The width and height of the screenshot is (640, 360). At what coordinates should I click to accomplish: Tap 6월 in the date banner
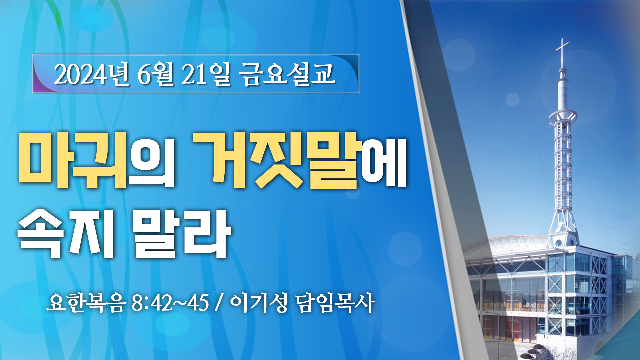pos(156,74)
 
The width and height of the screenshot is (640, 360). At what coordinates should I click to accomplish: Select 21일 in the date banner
pos(206,74)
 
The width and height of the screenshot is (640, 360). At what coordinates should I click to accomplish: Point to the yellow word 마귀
pos(73,160)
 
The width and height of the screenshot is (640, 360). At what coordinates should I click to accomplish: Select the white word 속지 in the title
pos(66,233)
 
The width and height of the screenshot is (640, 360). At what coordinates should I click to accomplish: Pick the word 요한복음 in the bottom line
pos(86,303)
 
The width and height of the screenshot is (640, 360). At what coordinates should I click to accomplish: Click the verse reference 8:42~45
pos(170,303)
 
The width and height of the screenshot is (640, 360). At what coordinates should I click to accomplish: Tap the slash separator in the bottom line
pos(219,303)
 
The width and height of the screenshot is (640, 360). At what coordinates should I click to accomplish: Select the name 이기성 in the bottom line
pos(259,303)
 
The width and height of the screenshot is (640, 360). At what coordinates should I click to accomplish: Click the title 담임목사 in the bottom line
pos(335,303)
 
